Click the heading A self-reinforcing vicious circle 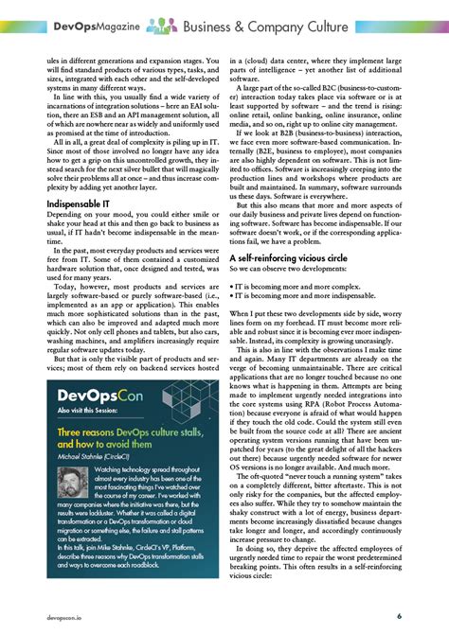pyautogui.click(x=298, y=256)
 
